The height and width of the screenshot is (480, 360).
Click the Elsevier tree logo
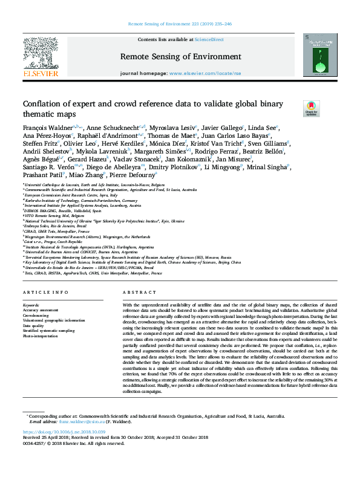(x=41, y=53)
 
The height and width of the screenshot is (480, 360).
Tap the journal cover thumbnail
(x=320, y=54)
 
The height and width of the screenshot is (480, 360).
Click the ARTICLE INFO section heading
(x=45, y=293)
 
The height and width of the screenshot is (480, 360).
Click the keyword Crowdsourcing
(x=36, y=315)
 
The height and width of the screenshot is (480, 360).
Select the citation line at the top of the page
(x=180, y=24)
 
